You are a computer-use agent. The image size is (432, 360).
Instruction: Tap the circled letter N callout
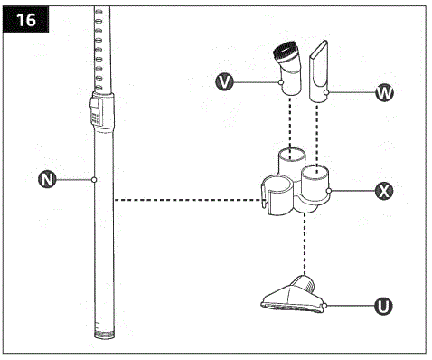pyautogui.click(x=42, y=179)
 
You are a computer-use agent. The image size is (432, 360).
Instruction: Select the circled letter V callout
pyautogui.click(x=226, y=82)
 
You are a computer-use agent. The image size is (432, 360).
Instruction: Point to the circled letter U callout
pyautogui.click(x=383, y=307)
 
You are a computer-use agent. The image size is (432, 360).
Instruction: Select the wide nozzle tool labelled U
pyautogui.click(x=291, y=296)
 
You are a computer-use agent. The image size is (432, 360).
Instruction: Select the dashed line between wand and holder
pyautogui.click(x=181, y=200)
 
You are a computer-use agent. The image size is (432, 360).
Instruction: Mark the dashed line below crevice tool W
pyautogui.click(x=316, y=131)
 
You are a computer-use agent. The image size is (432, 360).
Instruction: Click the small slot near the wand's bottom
pyautogui.click(x=96, y=320)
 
